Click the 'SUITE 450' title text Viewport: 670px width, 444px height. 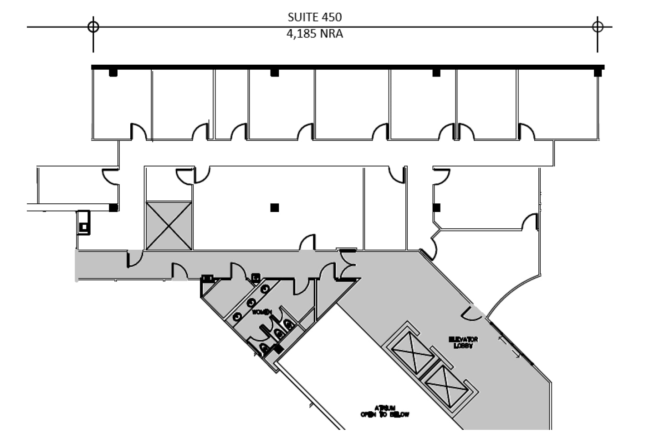314,17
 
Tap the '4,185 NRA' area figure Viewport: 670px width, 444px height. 314,34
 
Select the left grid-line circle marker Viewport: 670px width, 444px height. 93,26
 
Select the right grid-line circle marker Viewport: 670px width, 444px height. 598,26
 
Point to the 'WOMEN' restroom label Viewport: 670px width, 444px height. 262,312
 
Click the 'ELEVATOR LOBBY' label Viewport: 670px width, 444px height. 463,342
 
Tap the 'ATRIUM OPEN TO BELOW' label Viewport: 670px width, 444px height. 384,411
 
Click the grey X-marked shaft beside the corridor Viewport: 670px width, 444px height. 169,226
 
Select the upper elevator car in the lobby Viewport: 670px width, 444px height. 413,351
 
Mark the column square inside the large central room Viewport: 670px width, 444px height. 274,208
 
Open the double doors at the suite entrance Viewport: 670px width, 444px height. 348,264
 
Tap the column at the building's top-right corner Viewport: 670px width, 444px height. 598,72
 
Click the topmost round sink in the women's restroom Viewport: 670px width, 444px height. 265,288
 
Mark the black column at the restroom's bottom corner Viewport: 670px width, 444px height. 277,349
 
